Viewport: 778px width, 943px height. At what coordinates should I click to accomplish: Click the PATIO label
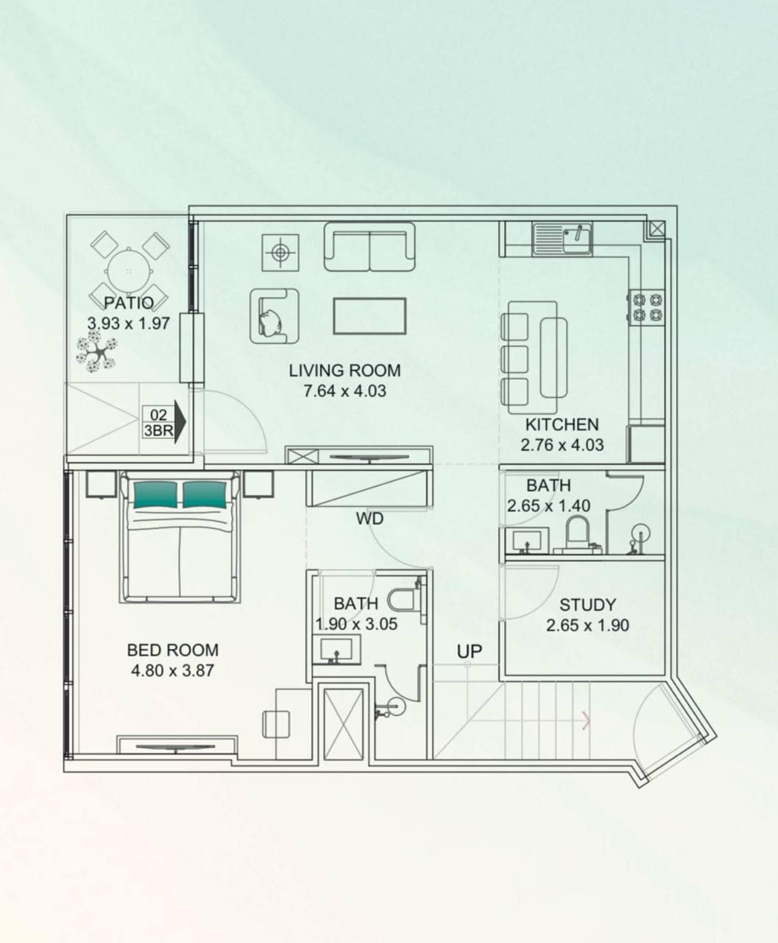tap(129, 302)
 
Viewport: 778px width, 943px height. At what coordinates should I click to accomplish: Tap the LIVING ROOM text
tap(344, 371)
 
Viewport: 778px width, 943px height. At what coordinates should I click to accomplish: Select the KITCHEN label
tap(562, 424)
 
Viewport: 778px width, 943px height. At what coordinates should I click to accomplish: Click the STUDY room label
tap(587, 605)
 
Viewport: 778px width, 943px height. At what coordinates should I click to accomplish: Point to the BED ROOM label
tap(172, 650)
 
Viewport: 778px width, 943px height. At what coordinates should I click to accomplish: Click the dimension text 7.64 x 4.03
tap(344, 391)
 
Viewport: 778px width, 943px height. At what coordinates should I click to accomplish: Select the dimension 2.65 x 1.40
tap(548, 506)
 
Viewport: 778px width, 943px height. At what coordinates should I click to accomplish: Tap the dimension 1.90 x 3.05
tap(356, 624)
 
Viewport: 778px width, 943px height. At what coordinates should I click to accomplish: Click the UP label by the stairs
tap(469, 651)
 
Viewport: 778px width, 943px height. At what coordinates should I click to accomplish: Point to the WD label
tap(369, 519)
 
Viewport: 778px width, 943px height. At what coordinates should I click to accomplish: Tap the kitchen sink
tap(563, 237)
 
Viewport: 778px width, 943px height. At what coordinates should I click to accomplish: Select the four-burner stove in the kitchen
tap(646, 307)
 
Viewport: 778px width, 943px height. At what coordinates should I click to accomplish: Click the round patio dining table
tap(129, 270)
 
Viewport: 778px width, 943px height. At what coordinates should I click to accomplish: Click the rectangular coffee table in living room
tap(369, 316)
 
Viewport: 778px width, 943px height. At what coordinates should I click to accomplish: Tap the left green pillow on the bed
tap(155, 494)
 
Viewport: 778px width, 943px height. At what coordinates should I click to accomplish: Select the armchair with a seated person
tap(274, 316)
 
